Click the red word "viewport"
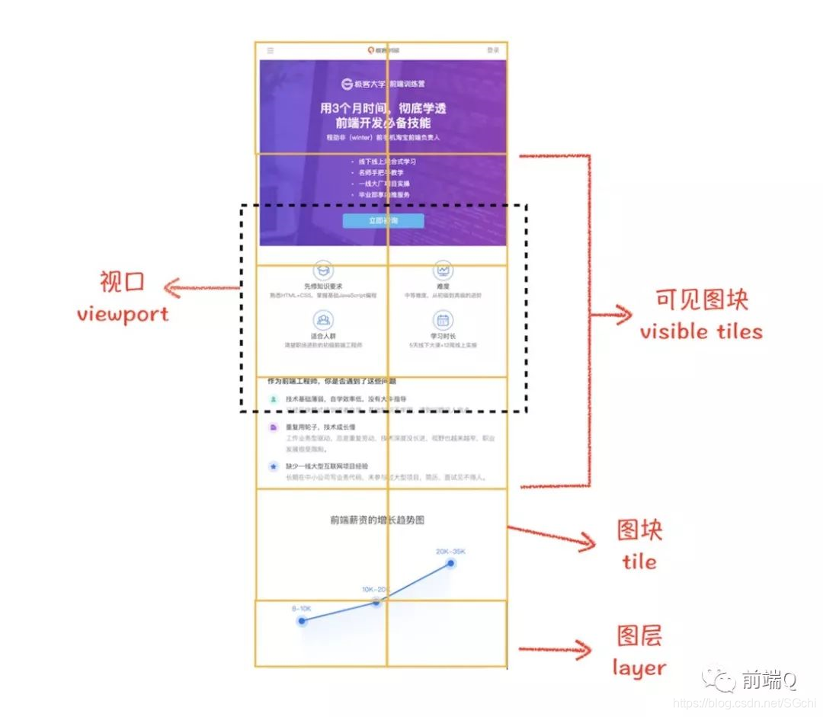click(123, 314)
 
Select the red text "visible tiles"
click(701, 331)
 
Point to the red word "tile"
click(639, 562)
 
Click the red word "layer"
click(639, 668)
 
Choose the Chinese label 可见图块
click(702, 299)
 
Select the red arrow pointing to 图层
click(555, 649)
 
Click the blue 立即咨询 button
click(383, 221)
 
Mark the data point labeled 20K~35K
click(451, 564)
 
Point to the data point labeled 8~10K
click(302, 621)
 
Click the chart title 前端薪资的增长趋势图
click(377, 520)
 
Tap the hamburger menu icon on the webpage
click(271, 50)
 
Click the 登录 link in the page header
click(493, 50)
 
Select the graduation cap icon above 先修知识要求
click(323, 270)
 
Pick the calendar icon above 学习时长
click(443, 320)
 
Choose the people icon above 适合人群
click(323, 320)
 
